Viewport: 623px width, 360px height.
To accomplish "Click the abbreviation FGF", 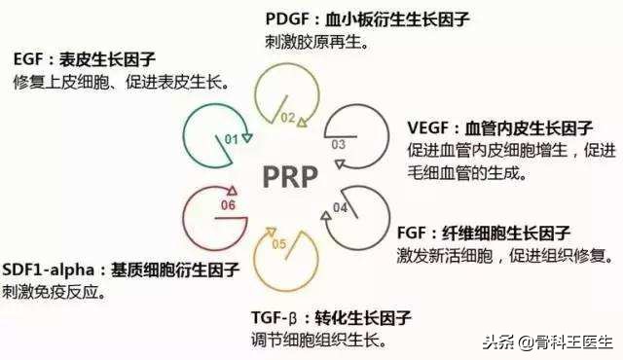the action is pos(416,233).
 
